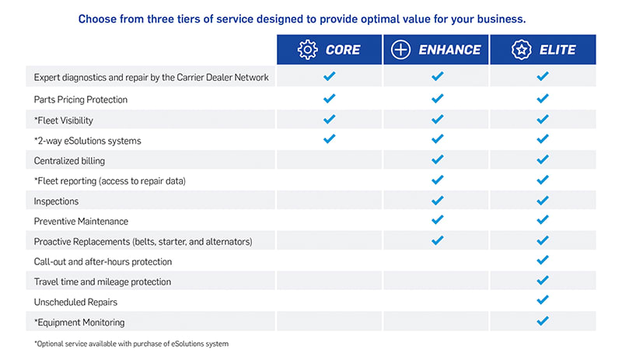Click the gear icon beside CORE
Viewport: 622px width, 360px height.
[x=307, y=50]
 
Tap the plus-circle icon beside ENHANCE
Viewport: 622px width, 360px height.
[x=400, y=50]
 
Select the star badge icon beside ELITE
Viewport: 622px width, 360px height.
[x=521, y=50]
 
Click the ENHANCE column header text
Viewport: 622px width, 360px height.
[x=449, y=50]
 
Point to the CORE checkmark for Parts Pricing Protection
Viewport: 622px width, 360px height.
[x=329, y=98]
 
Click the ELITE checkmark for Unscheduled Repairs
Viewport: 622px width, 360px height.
[x=543, y=299]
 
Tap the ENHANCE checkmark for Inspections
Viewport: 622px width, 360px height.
[x=437, y=200]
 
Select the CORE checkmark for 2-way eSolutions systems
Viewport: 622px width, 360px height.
[x=329, y=138]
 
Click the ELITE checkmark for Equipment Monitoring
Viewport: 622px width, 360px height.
[x=543, y=320]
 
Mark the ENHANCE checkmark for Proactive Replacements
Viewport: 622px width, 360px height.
[x=437, y=240]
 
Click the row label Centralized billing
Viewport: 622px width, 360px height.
[x=69, y=161]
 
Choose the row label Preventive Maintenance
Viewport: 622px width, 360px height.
[x=81, y=221]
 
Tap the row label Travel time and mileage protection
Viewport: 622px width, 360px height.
[x=103, y=281]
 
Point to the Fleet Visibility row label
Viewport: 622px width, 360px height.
[x=64, y=121]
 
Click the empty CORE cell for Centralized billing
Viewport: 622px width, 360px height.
[x=329, y=159]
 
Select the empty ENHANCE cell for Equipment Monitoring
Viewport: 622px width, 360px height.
[x=435, y=321]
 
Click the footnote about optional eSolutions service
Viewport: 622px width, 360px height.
[x=131, y=344]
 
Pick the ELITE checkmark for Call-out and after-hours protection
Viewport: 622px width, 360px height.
[x=543, y=260]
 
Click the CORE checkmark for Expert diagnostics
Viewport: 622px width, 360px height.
[x=329, y=76]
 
